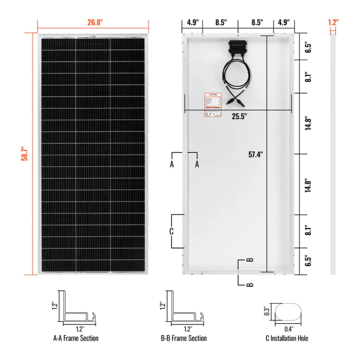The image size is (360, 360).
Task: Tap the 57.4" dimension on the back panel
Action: (256, 155)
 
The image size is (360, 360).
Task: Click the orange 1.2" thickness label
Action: (333, 22)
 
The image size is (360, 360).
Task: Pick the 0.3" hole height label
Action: (267, 311)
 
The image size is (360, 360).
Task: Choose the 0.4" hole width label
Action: (288, 328)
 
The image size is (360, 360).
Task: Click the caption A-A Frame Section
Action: (76, 338)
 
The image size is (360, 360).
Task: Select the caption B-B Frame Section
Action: (184, 338)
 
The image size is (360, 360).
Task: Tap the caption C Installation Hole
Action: (287, 338)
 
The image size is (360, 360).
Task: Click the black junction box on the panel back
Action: (237, 47)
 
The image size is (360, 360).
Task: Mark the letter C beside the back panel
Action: (172, 231)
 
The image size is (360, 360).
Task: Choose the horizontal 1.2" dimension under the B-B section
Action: (188, 328)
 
